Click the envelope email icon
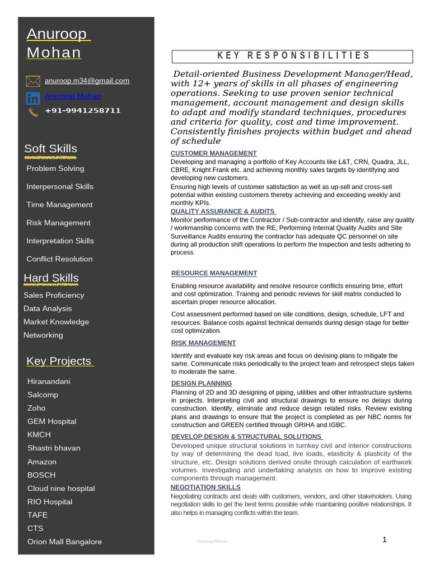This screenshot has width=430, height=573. (x=32, y=81)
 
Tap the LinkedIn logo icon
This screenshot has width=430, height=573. (x=32, y=98)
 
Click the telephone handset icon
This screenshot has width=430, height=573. (x=32, y=112)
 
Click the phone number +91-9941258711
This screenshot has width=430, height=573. (x=83, y=110)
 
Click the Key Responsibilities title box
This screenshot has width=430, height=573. (x=292, y=56)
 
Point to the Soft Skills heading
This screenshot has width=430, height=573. (x=50, y=149)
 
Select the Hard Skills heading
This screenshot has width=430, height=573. (x=51, y=278)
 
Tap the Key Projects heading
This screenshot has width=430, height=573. (x=59, y=361)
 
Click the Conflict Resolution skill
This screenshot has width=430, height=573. (x=59, y=259)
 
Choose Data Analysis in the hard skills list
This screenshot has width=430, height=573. (x=48, y=308)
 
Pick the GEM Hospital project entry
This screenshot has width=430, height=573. (x=52, y=421)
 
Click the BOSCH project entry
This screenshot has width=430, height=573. (x=41, y=475)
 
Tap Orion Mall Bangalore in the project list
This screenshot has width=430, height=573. (x=64, y=542)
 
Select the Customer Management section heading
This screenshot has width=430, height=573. (x=213, y=153)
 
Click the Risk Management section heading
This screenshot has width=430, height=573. (x=203, y=343)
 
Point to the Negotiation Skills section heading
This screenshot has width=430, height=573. (x=205, y=487)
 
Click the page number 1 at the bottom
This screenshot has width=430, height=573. (x=385, y=540)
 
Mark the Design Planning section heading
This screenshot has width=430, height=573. (x=202, y=383)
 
